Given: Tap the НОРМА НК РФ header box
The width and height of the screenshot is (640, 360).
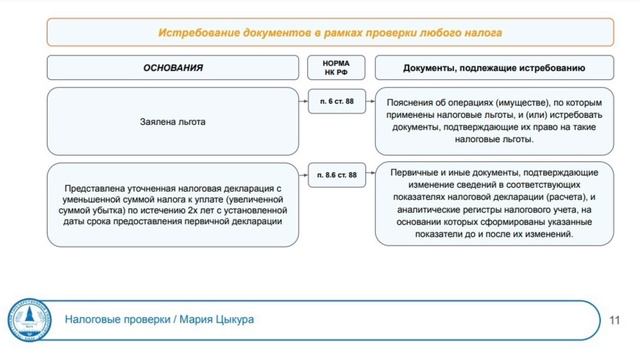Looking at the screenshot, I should tap(335, 69).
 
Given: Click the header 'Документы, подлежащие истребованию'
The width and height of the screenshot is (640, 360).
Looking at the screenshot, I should tap(494, 68).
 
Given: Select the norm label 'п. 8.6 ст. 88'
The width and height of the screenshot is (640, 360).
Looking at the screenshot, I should tap(335, 176).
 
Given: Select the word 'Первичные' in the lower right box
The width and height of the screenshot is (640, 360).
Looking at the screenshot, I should tap(419, 173).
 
